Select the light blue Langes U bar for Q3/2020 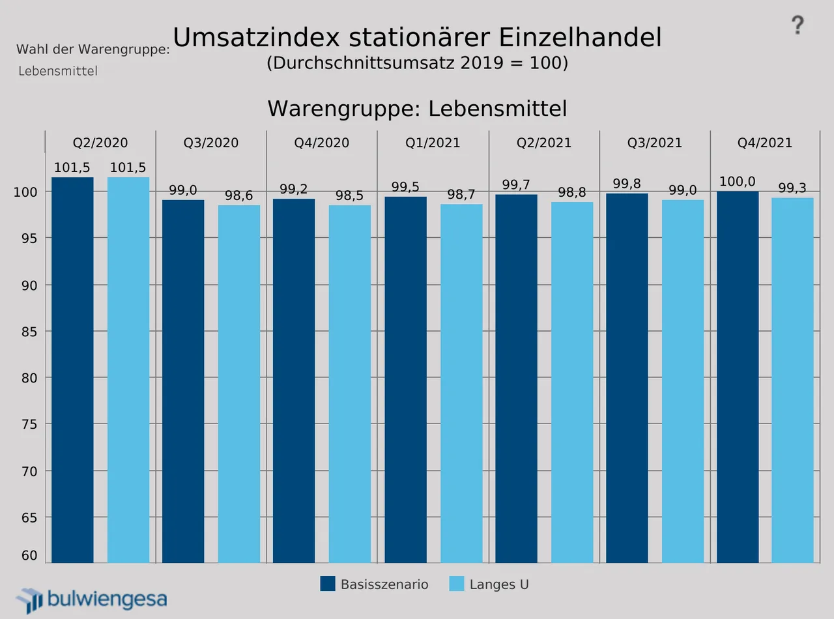(x=239, y=384)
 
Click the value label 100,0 (x=738, y=182)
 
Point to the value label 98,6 (x=239, y=196)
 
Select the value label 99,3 (x=793, y=188)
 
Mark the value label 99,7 (x=516, y=185)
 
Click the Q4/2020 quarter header (x=322, y=143)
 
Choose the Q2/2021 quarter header (x=544, y=143)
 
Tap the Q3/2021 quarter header (x=655, y=143)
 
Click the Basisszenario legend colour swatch (x=328, y=584)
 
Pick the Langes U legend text (x=499, y=584)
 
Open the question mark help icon (x=798, y=26)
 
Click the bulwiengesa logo (x=91, y=599)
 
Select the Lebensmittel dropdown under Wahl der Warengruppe (x=58, y=71)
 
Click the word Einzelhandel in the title (x=581, y=38)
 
